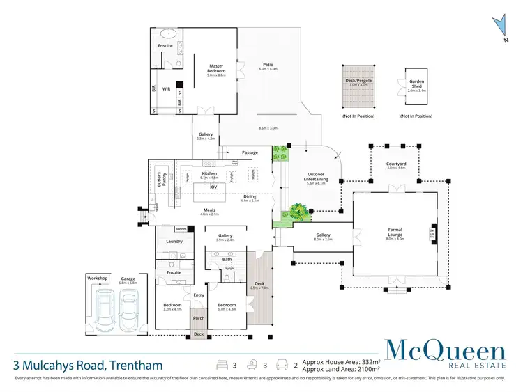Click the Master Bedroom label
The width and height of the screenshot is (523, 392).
click(x=215, y=70)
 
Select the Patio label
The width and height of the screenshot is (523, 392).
click(x=268, y=65)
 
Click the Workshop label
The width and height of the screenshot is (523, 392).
click(x=98, y=278)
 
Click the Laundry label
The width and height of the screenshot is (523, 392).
click(x=174, y=242)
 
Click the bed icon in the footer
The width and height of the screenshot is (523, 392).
click(x=223, y=364)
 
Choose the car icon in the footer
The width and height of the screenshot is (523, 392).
click(x=281, y=364)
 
